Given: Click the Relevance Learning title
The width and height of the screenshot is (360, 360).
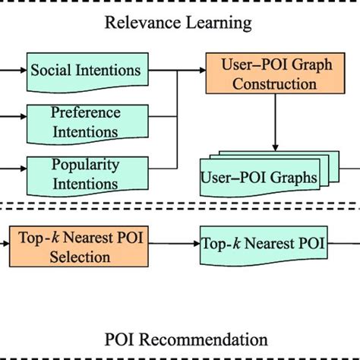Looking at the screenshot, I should (178, 23).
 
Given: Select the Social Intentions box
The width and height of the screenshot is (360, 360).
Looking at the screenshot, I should (85, 71).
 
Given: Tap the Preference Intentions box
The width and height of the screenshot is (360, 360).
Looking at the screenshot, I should (85, 122).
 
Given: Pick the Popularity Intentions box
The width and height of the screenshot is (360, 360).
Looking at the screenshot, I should (84, 173).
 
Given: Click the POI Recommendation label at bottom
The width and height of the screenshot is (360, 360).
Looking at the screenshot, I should (185, 339).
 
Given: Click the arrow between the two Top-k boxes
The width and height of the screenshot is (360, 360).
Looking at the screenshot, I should (175, 245).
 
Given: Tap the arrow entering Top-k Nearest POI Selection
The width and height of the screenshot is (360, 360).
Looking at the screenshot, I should (5, 245).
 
